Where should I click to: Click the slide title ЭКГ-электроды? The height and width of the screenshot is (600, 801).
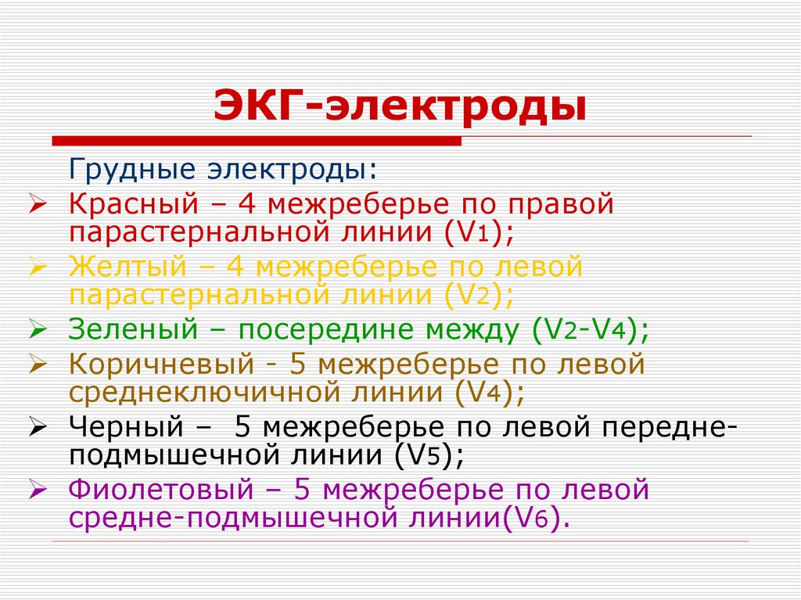(400, 106)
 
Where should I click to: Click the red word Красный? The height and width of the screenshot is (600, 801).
(130, 205)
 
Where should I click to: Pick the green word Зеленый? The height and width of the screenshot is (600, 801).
(133, 330)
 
